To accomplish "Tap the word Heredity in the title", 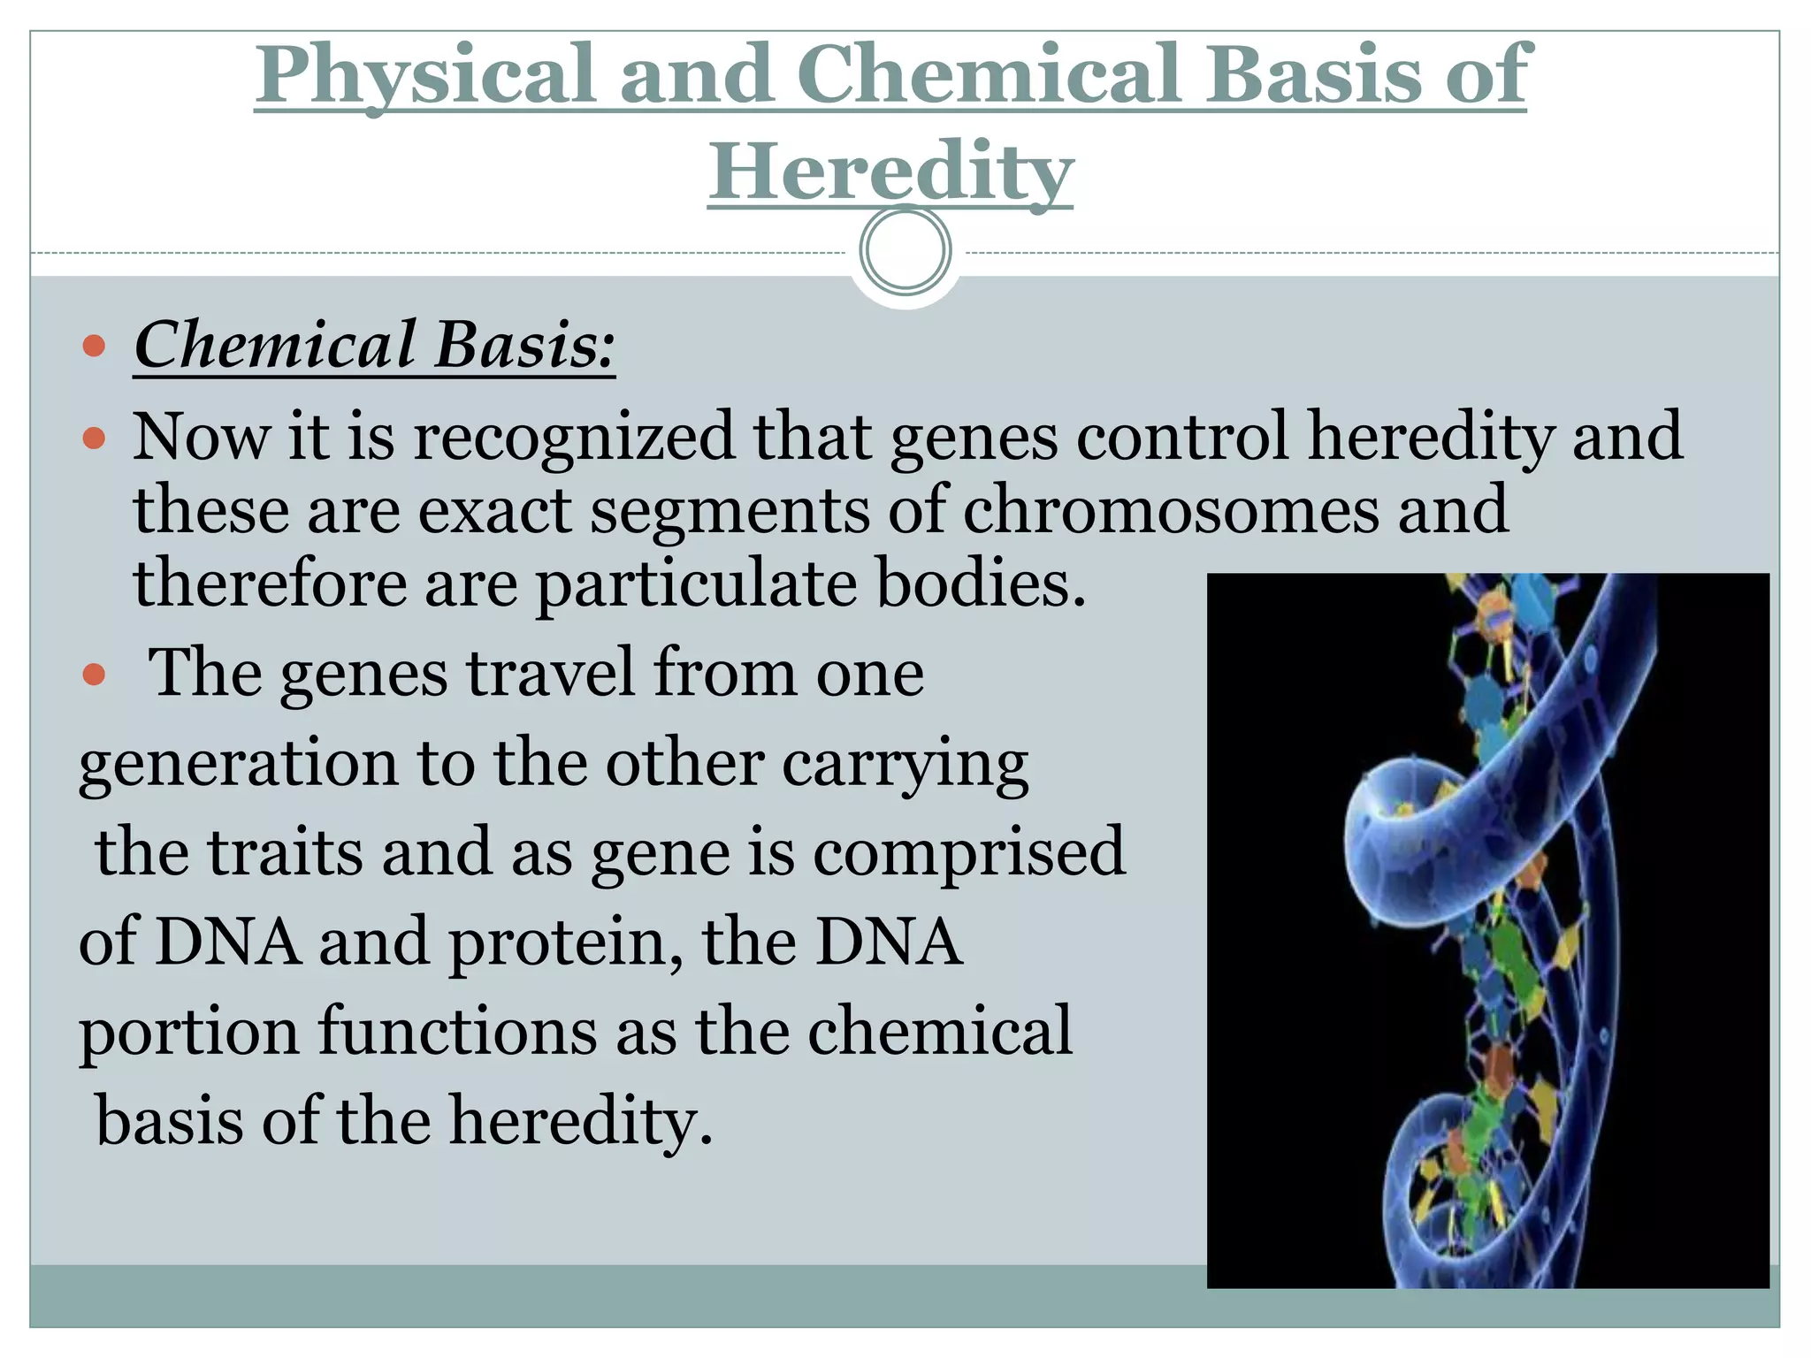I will pyautogui.click(x=890, y=172).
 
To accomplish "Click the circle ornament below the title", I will pyautogui.click(x=905, y=250).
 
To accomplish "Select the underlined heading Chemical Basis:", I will pyautogui.click(x=374, y=345).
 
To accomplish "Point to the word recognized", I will pyautogui.click(x=574, y=437).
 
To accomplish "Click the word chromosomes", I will pyautogui.click(x=1170, y=510).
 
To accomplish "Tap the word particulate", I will pyautogui.click(x=697, y=584).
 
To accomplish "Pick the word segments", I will pyautogui.click(x=730, y=510).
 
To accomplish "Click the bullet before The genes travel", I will pyautogui.click(x=94, y=675).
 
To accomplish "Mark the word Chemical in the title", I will pyautogui.click(x=989, y=75).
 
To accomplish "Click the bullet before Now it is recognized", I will pyautogui.click(x=94, y=438).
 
